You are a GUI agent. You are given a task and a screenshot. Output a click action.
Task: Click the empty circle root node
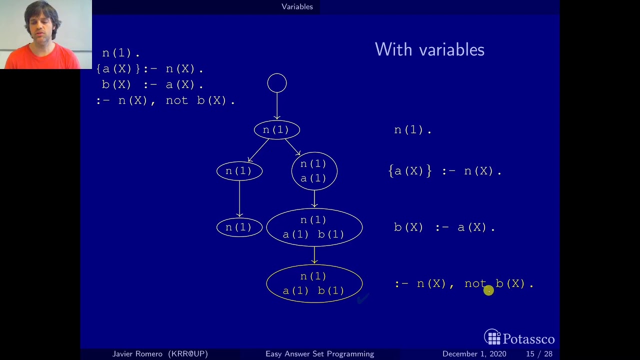(277, 83)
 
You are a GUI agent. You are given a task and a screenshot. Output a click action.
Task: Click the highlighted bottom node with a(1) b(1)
(314, 283)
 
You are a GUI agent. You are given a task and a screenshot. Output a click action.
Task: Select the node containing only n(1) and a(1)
(314, 171)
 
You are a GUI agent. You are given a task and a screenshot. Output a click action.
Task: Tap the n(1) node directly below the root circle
(276, 130)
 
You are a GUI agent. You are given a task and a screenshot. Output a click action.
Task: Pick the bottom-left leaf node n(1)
(239, 227)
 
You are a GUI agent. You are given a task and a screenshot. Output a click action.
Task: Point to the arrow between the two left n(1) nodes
(239, 198)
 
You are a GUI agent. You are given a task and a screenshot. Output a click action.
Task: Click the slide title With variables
(429, 49)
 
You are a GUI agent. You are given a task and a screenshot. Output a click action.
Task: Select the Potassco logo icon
(492, 337)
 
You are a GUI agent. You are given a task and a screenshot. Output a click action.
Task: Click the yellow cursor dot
(488, 290)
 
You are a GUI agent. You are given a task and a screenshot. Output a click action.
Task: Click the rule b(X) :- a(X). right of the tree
(444, 227)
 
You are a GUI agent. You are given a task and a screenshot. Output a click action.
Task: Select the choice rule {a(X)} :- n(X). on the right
(444, 171)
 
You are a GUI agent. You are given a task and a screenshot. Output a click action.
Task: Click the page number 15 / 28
(539, 354)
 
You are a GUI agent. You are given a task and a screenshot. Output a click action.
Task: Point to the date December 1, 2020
(474, 354)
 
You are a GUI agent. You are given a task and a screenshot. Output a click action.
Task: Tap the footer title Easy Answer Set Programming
(319, 354)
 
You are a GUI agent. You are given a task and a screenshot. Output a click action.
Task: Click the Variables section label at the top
(297, 6)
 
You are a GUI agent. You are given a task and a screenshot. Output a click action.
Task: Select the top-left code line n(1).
(120, 53)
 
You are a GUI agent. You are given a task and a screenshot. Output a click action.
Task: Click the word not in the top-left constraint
(176, 100)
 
